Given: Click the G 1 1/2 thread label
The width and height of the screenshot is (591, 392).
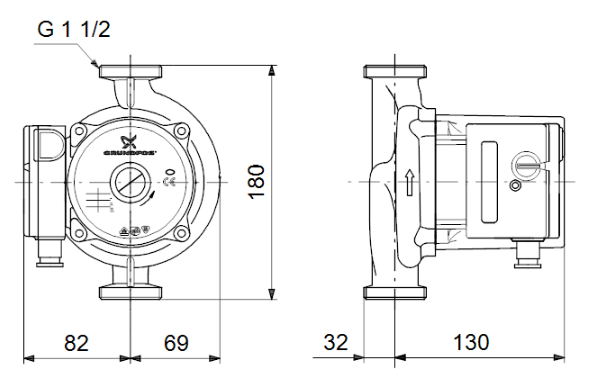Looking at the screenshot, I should (74, 29).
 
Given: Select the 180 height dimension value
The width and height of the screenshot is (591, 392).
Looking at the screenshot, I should (258, 182).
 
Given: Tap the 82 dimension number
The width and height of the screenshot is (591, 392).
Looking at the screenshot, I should (76, 343).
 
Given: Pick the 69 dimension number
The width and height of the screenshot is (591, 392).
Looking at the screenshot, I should (176, 343).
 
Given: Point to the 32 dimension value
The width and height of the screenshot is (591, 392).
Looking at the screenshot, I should (338, 343).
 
